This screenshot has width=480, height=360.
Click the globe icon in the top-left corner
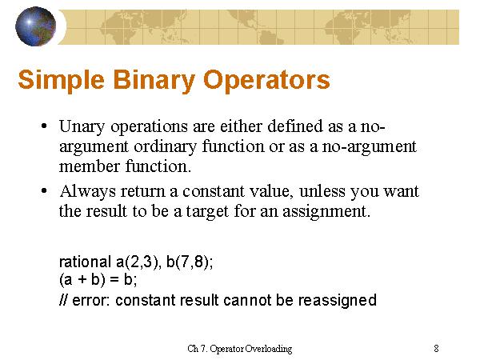point(35,26)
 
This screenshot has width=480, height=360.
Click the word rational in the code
point(85,262)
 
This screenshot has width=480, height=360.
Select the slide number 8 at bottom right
point(436,348)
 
